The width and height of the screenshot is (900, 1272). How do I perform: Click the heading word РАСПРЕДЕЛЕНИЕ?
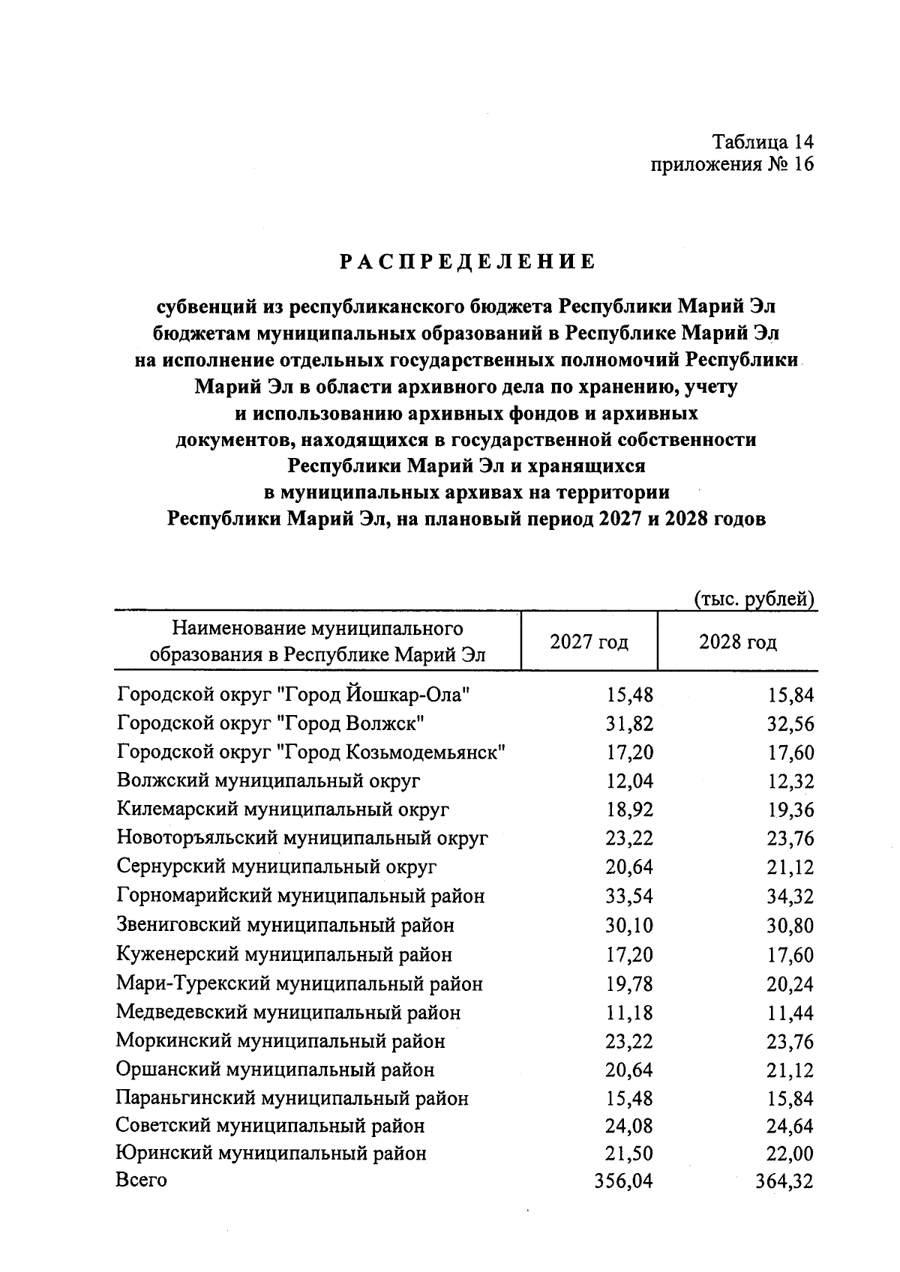[466, 262]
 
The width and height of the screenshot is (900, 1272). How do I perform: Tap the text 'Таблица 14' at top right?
[763, 142]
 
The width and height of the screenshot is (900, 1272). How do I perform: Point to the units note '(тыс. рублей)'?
[753, 599]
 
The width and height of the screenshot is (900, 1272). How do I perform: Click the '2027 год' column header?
[589, 642]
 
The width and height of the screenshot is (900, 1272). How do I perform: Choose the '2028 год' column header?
[738, 642]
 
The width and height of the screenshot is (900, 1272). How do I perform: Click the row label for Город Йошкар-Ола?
[294, 695]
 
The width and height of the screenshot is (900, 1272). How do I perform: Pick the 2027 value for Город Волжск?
[629, 724]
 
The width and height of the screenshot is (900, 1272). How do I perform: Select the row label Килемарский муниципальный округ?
[283, 810]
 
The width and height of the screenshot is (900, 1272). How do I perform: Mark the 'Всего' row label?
[141, 1181]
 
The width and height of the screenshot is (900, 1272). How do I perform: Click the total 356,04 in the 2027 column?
[623, 1182]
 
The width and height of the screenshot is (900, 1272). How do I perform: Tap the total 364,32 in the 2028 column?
[784, 1183]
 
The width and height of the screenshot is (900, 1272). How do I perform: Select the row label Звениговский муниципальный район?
[285, 926]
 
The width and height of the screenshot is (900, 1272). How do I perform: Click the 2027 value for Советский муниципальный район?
[629, 1127]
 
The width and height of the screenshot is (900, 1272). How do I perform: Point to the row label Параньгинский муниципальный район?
[292, 1099]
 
